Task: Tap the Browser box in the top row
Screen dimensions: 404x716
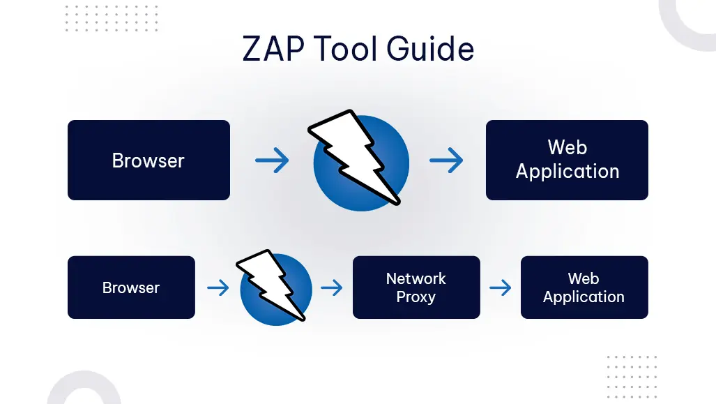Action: pos(148,160)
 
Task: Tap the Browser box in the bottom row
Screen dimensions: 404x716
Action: pos(131,287)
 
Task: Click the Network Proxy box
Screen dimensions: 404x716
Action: pos(416,287)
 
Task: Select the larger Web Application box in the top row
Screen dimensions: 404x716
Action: pos(567,160)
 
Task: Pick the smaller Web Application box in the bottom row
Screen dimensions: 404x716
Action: pos(584,287)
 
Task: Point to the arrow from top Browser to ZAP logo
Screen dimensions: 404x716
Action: pos(272,161)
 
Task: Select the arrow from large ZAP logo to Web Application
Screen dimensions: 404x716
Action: pos(446,161)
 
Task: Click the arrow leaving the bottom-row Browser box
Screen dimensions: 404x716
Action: pos(218,287)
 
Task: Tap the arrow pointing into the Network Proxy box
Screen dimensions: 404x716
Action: pos(332,287)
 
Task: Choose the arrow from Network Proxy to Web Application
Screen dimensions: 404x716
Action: pos(501,287)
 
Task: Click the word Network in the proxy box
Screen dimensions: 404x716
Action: pos(416,278)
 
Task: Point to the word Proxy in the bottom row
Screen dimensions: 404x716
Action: pos(416,297)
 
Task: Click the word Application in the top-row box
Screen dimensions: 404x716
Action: pos(568,172)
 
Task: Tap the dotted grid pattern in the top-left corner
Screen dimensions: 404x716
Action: pos(112,18)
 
